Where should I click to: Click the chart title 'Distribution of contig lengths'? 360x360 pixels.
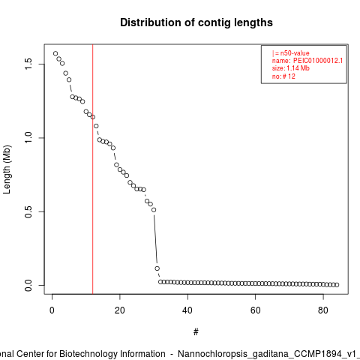point(196,22)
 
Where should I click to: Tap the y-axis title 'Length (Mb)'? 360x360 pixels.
point(7,169)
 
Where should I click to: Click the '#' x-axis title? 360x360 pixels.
point(196,332)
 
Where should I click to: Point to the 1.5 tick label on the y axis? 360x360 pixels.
point(28,64)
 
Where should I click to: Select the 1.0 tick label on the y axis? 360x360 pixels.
point(28,138)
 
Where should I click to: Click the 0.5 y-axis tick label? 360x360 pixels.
point(28,211)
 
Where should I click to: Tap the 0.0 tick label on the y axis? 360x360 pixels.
point(28,285)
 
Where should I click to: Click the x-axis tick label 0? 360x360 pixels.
point(52,310)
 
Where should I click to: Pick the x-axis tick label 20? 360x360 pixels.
point(120,310)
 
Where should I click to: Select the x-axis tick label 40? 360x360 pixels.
point(187,310)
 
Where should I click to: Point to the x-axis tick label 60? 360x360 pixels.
point(256,310)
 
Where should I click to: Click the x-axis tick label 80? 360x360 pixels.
point(323,310)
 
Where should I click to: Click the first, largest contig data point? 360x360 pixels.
point(55,53)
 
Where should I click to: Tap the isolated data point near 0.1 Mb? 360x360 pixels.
point(157,268)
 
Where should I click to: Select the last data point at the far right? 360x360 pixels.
point(337,285)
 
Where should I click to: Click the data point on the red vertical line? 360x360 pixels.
point(93,117)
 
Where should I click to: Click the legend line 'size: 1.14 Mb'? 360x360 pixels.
point(291,68)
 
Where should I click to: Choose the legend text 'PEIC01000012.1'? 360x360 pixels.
point(318,61)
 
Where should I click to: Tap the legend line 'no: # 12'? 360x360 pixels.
point(283,76)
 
